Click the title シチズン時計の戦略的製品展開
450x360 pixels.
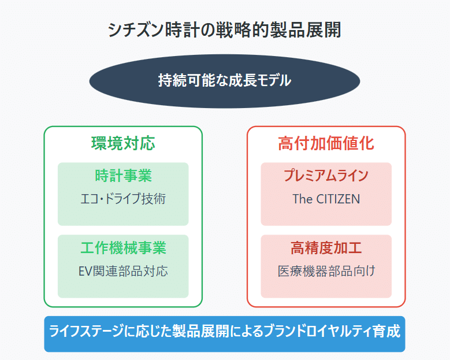pos(225,29)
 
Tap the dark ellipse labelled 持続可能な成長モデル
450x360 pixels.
pos(225,81)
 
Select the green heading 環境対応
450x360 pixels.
pos(123,143)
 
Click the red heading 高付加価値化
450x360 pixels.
pos(326,143)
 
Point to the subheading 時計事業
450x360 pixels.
pos(123,176)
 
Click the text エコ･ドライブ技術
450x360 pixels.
pos(123,199)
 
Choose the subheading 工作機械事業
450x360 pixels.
pos(123,248)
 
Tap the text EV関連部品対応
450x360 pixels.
pos(123,271)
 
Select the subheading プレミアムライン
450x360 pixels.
pos(326,176)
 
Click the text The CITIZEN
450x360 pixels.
pos(326,199)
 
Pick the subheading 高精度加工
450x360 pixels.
pos(326,248)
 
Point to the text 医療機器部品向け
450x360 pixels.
pos(326,271)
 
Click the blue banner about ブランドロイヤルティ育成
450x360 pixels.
pos(225,334)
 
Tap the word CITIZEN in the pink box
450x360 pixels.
pos(338,199)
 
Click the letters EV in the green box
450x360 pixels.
pos(85,271)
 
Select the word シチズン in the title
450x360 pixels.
pos(136,29)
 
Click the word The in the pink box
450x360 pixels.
pos(303,199)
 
